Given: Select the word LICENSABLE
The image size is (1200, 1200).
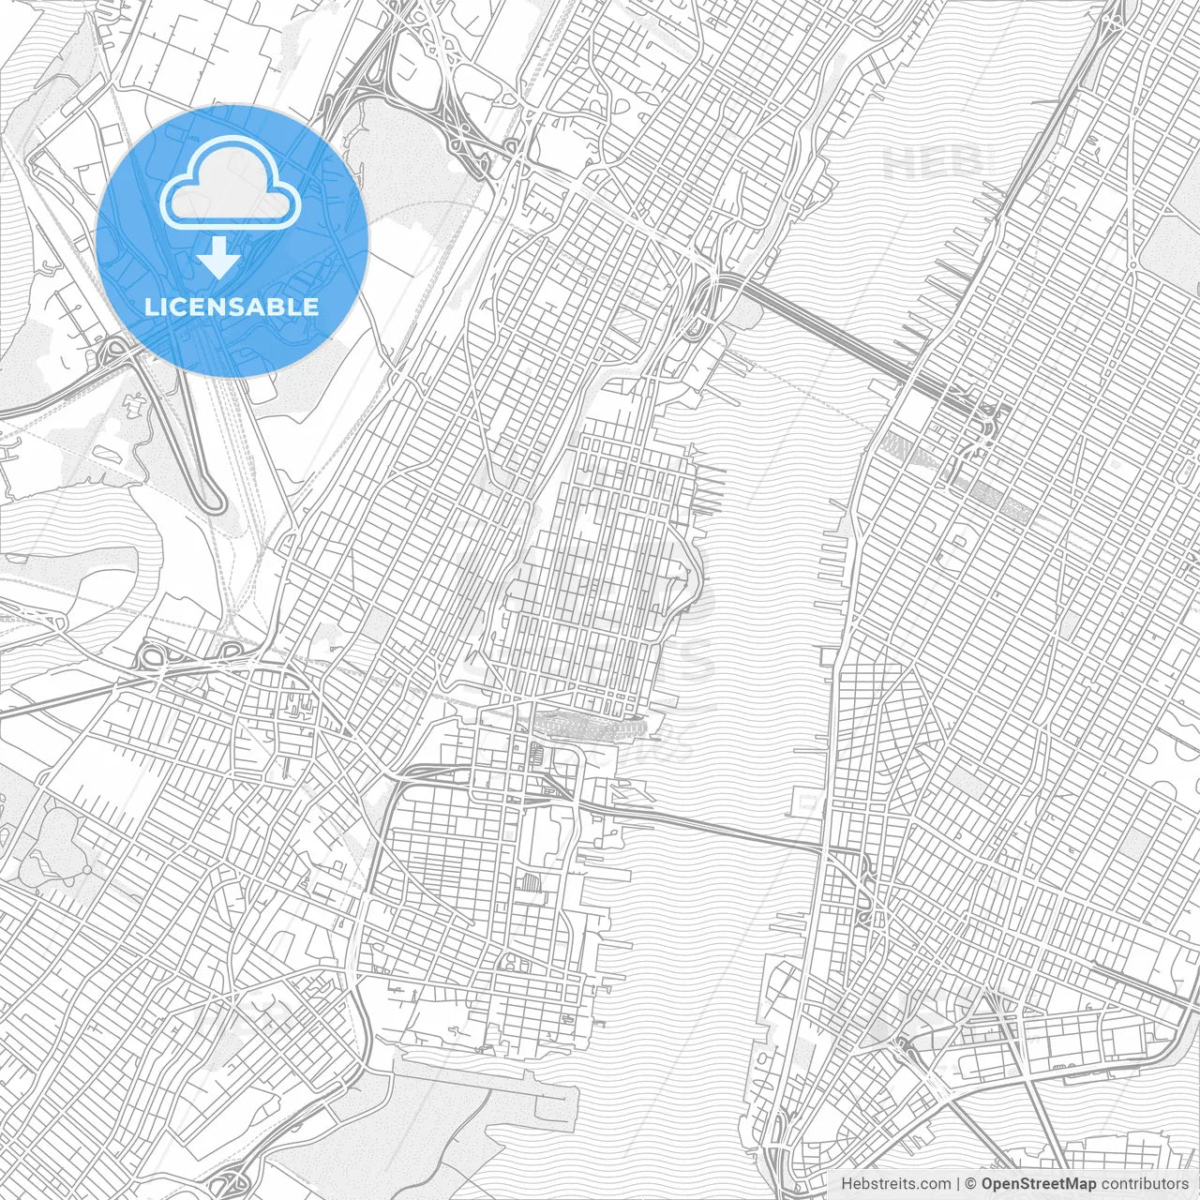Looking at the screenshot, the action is (x=232, y=307).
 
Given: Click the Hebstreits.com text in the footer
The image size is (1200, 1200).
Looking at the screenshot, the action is (x=894, y=1183).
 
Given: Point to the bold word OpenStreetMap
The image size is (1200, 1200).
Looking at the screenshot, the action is (x=1039, y=1183).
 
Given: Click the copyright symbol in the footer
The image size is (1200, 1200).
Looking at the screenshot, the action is (x=971, y=1183).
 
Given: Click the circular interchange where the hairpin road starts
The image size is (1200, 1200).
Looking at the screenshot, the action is (x=117, y=352).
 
